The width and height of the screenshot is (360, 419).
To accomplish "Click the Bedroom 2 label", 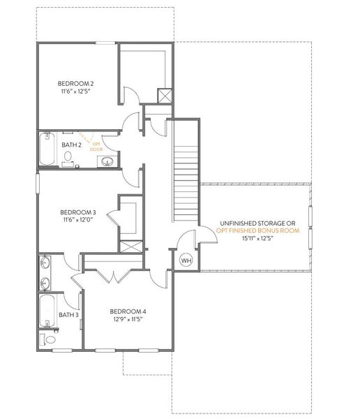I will (x=76, y=84).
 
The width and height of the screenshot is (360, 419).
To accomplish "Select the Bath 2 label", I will (x=72, y=145).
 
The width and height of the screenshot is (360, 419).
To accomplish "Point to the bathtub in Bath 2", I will (x=47, y=148).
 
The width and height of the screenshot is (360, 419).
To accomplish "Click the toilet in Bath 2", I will (x=68, y=164).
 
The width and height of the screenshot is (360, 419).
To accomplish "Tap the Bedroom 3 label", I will (x=77, y=212).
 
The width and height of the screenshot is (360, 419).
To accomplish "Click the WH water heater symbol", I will (x=186, y=260).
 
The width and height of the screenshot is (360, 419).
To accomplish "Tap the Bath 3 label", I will (x=68, y=315).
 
